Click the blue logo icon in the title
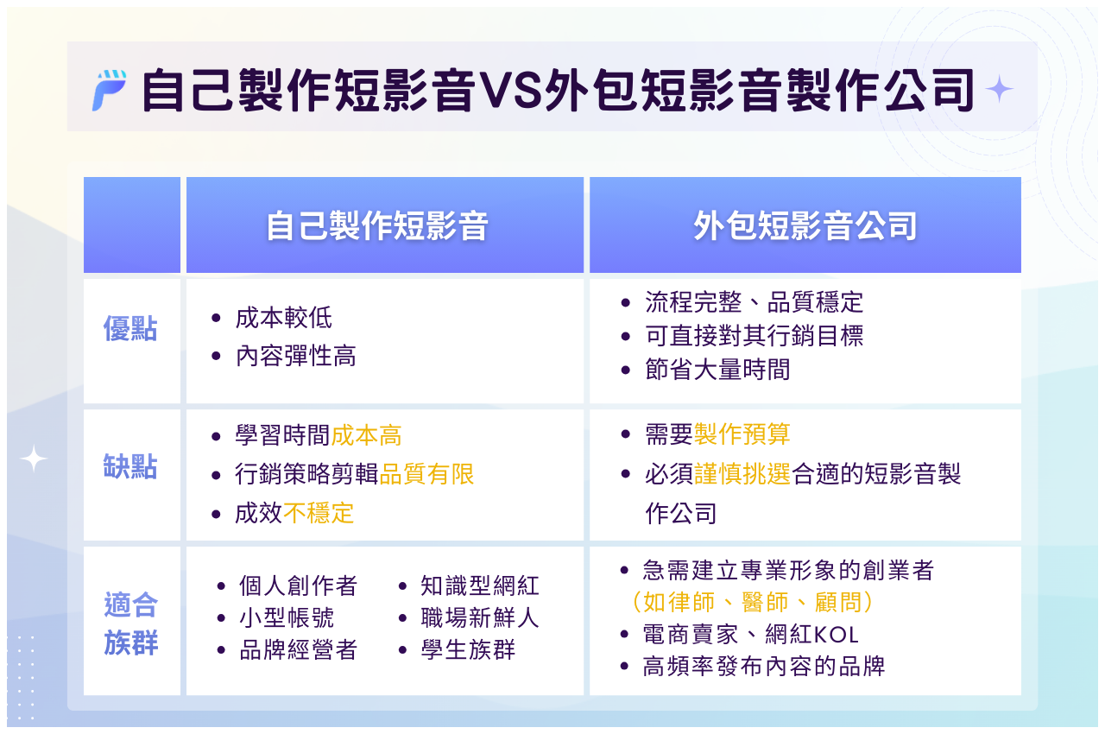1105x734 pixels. [110, 90]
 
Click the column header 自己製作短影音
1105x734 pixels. [377, 226]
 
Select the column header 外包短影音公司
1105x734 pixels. [805, 226]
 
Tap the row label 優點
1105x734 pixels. [130, 329]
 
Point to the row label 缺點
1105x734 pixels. [130, 467]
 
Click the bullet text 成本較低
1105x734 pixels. [283, 318]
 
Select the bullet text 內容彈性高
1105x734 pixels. [295, 356]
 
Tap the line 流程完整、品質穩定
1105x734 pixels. [754, 301]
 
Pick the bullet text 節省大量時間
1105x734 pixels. [717, 370]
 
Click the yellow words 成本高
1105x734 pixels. [367, 436]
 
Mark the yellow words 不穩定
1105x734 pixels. [319, 513]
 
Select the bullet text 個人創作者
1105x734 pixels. [298, 586]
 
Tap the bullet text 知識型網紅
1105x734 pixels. [480, 586]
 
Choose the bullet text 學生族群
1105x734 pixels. [468, 650]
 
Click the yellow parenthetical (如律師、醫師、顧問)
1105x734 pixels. [751, 602]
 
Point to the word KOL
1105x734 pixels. [835, 635]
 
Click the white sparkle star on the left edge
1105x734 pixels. [34, 459]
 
